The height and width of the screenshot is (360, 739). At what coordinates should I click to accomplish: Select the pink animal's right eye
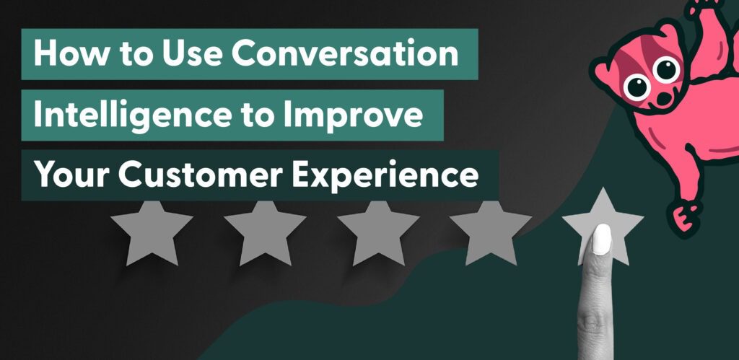pyautogui.click(x=668, y=71)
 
